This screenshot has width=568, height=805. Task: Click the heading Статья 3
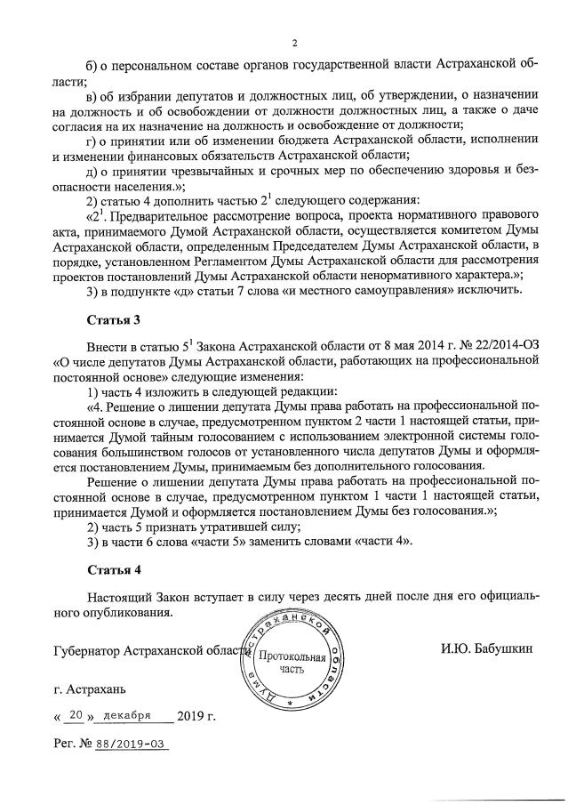(x=114, y=318)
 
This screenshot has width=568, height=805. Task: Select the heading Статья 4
(x=114, y=567)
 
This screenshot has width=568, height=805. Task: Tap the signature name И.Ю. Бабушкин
(x=486, y=649)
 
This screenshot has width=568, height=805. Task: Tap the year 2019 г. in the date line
(x=196, y=714)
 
